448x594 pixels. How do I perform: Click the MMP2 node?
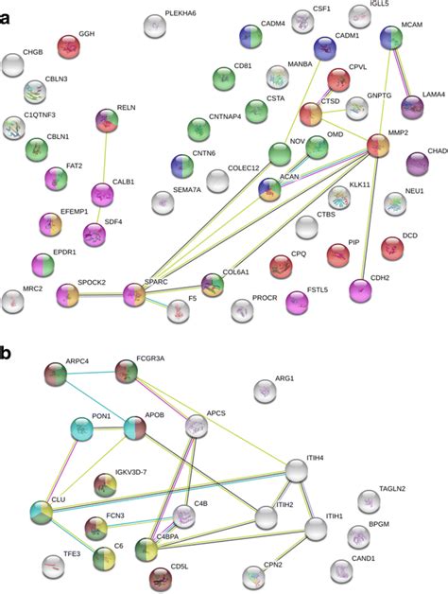tap(377, 145)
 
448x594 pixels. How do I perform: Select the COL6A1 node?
tap(214, 284)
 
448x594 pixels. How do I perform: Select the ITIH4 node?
tap(297, 470)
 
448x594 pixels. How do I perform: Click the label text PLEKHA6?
tap(181, 13)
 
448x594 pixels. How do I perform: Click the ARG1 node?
tap(268, 390)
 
